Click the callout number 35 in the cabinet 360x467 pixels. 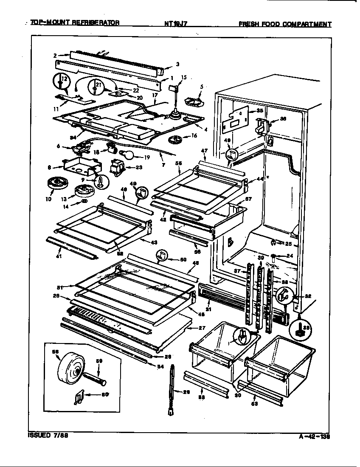248,111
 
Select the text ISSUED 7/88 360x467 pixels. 48,436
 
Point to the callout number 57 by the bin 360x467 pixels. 248,199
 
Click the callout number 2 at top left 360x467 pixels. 55,55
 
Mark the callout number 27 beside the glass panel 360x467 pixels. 202,328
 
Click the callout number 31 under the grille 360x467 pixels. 208,309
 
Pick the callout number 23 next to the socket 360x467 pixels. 137,167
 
